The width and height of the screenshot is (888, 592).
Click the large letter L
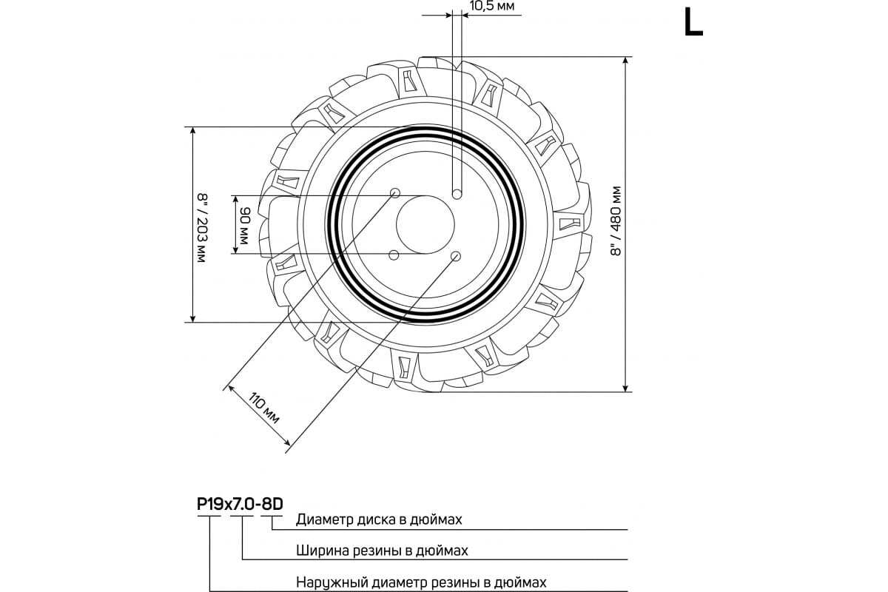(x=693, y=23)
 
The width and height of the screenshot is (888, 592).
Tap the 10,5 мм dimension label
(x=492, y=6)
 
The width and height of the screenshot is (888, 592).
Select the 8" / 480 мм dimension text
(x=616, y=221)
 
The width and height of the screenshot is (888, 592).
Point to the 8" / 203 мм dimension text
(x=202, y=228)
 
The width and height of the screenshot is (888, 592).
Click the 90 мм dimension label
(x=243, y=225)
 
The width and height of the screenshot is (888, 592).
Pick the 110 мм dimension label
(x=264, y=408)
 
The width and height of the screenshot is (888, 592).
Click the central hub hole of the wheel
(x=425, y=224)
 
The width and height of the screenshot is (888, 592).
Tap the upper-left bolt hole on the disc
(x=395, y=193)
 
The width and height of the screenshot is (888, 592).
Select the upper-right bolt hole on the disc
(x=457, y=195)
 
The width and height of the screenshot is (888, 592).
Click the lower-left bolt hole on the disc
(x=394, y=255)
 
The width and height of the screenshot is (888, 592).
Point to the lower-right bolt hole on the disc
(x=456, y=256)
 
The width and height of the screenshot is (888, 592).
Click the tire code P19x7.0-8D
(x=240, y=505)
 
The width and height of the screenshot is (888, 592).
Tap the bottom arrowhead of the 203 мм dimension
(x=193, y=318)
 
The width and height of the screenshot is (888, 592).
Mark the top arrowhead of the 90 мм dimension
(x=235, y=200)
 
